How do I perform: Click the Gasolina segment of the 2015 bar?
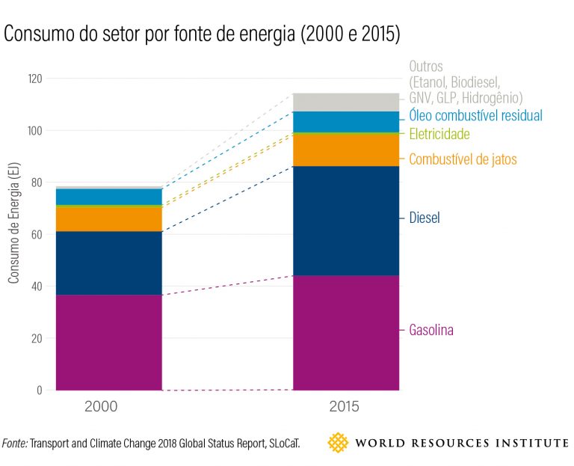[x=345, y=333]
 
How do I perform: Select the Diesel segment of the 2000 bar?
[x=108, y=263]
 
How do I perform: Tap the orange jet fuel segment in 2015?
[x=345, y=150]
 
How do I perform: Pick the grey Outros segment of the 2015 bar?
[x=345, y=102]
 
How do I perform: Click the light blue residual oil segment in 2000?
[x=108, y=196]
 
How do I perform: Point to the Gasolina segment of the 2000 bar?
[x=108, y=343]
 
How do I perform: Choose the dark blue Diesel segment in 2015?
[x=345, y=221]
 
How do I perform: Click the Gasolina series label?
[x=431, y=330]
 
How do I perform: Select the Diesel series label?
[x=425, y=218]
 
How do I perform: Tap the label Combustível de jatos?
[x=463, y=159]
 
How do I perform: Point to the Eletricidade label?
[x=439, y=134]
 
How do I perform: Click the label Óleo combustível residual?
[x=475, y=115]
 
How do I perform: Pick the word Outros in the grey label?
[x=426, y=67]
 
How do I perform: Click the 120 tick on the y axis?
[x=33, y=79]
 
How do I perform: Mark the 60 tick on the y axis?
[x=36, y=234]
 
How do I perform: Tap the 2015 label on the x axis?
[x=345, y=408]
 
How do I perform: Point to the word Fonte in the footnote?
[x=15, y=443]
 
